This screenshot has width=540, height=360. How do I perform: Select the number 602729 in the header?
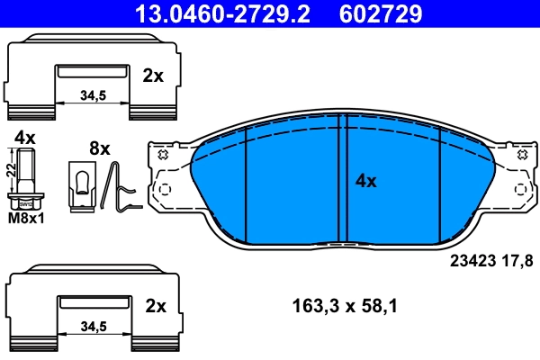380,13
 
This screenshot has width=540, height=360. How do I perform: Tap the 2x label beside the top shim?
153,76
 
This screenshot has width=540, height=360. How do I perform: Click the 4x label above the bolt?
24,138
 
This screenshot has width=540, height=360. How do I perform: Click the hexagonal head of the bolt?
24,202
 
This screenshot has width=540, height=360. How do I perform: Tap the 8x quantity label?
98,148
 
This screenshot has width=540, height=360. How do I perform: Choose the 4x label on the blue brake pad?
365,181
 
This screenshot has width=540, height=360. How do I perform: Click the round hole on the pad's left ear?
164,190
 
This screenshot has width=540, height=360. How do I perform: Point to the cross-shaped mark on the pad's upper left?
163,154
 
